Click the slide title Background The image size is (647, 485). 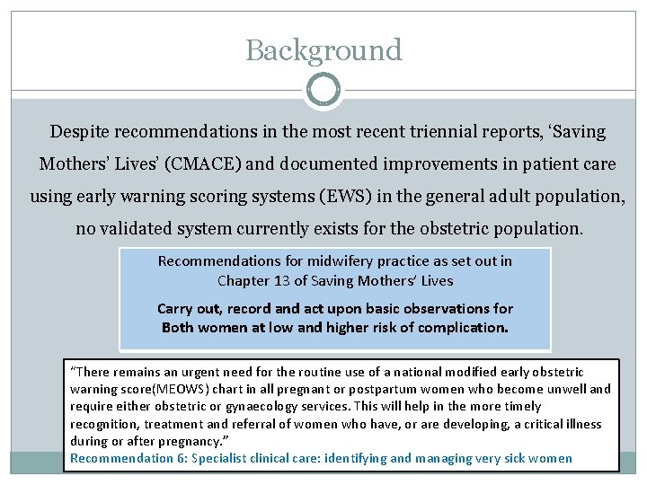click(323, 50)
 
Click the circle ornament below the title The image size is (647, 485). click(323, 91)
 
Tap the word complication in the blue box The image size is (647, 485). click(465, 327)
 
